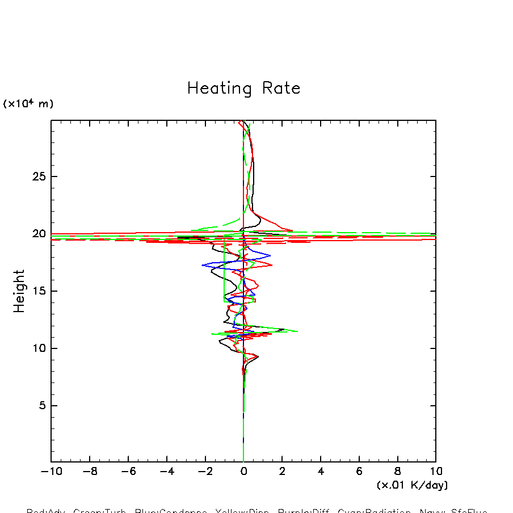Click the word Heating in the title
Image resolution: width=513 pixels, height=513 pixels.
pos(219,89)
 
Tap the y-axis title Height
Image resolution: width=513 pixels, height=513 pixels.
pos(19,291)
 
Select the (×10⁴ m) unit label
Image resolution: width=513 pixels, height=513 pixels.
pos(28,104)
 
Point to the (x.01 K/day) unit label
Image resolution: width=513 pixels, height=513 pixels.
pos(412,485)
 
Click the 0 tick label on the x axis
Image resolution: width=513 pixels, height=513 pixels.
pos(243,472)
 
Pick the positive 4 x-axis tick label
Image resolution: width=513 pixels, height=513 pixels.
pos(321,472)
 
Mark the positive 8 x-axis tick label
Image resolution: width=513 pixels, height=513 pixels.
pos(397,472)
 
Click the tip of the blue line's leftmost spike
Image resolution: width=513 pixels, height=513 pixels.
pos(202,265)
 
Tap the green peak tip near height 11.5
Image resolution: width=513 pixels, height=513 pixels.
pos(297,331)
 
